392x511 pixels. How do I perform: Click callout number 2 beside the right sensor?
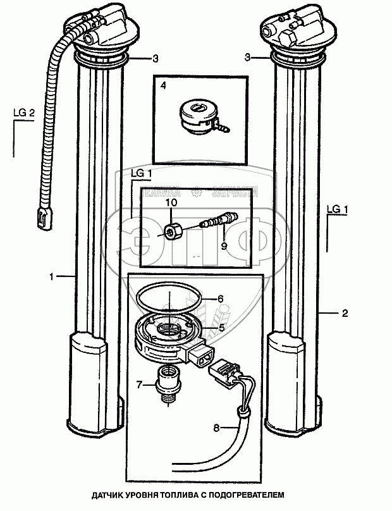click(x=345, y=313)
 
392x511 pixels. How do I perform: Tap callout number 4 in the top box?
click(x=162, y=85)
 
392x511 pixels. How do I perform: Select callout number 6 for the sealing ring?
click(x=221, y=299)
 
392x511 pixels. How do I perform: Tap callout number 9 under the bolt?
click(x=223, y=245)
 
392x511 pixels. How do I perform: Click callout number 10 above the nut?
click(x=171, y=203)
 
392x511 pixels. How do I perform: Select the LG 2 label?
click(x=23, y=113)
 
